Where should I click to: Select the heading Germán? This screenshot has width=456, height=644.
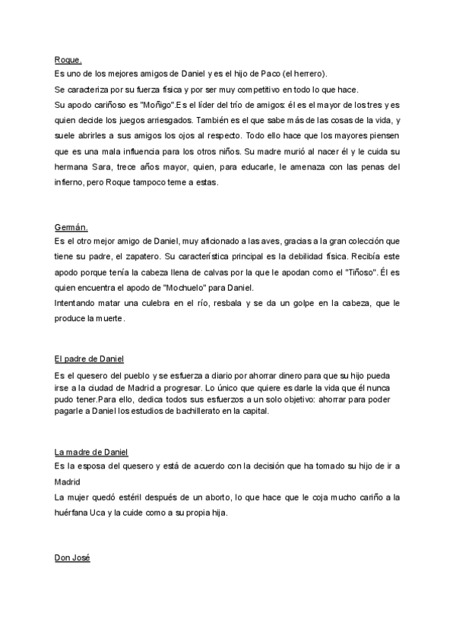71,226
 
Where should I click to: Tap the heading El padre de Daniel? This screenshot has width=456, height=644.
89,358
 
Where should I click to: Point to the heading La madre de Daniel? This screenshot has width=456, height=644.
92,451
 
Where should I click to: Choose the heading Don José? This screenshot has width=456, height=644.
72,558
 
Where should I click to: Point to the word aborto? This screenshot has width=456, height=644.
221,497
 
